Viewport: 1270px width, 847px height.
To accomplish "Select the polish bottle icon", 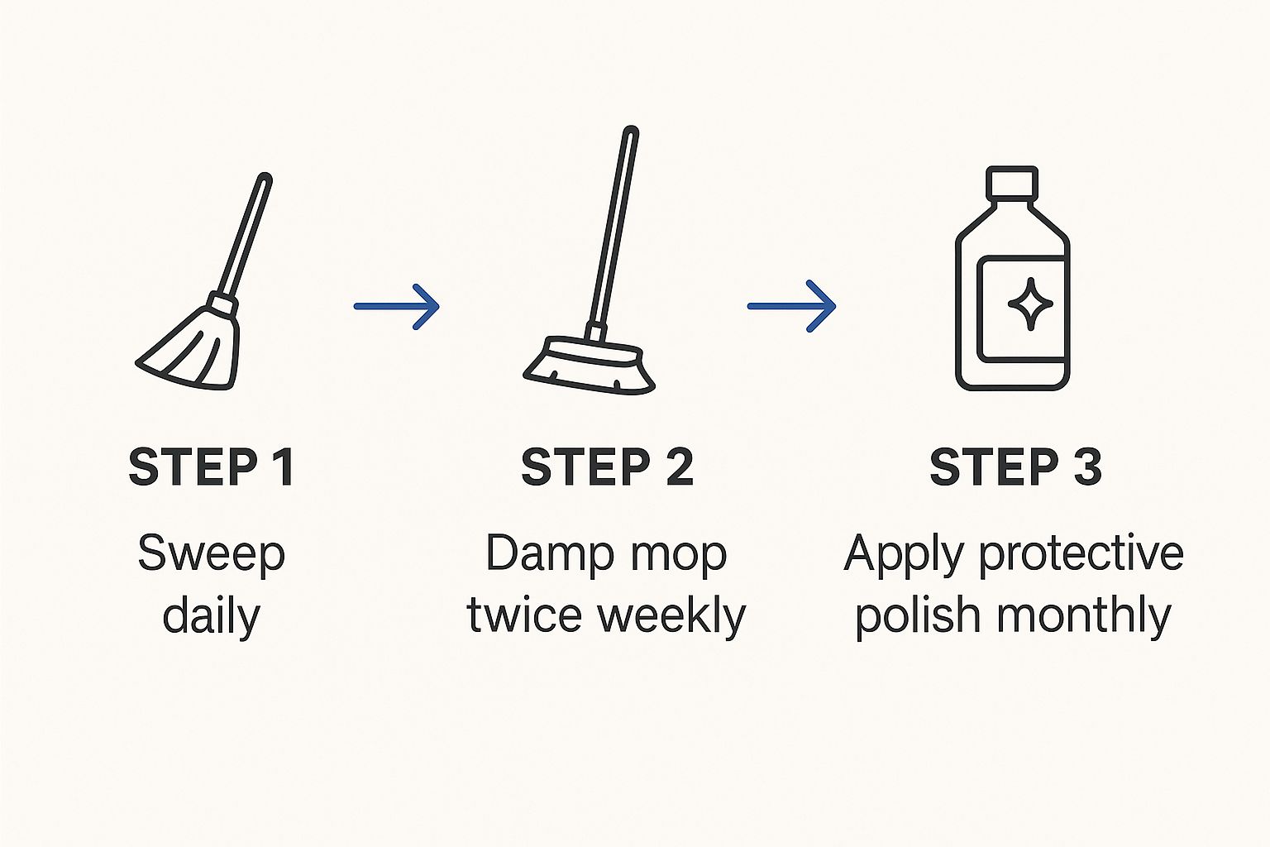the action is tap(1013, 279).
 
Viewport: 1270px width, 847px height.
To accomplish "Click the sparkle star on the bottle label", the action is tap(1030, 304).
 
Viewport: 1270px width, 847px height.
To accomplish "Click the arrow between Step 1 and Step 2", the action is tap(396, 306).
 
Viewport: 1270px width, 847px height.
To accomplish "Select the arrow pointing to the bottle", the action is tap(791, 306).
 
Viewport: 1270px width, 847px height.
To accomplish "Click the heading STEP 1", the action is tap(212, 467).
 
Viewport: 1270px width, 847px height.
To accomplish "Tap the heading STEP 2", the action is tap(607, 467).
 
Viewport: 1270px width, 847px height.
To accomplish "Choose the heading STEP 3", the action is tap(1015, 467).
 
